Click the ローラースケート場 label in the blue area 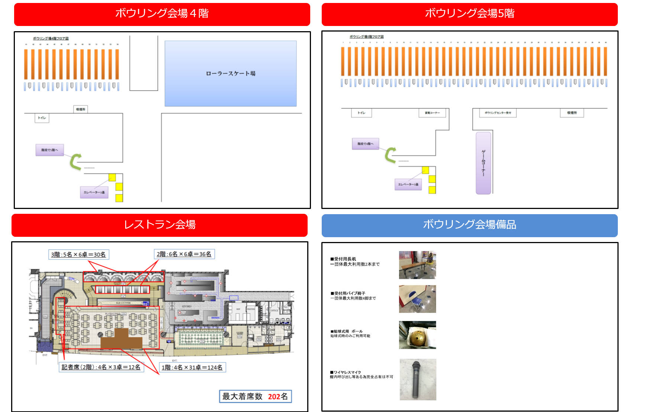230,73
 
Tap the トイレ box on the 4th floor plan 42,118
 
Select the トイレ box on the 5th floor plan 361,113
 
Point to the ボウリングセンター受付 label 498,113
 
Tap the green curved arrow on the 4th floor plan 76,162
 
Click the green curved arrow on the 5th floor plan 390,155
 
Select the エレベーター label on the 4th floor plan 94,192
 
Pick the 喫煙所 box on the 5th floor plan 572,113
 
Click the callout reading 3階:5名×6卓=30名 78,255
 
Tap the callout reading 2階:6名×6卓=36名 184,254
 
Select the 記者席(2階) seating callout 101,367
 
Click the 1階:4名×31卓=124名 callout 192,367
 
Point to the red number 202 274,396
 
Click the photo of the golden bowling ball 417,335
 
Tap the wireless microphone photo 418,379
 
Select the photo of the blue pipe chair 417,299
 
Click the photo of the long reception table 417,265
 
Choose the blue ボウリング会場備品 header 469,225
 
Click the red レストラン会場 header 159,225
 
